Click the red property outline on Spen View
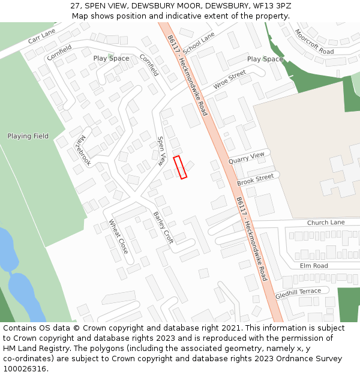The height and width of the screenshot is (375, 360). click(180, 167)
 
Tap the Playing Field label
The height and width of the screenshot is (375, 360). click(28, 136)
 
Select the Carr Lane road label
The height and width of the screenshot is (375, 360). click(41, 36)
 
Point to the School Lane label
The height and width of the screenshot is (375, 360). click(199, 43)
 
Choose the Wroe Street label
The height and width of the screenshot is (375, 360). click(230, 80)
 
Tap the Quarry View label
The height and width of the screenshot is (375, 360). click(246, 158)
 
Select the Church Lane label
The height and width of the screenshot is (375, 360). click(326, 223)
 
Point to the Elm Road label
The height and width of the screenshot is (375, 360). click(314, 266)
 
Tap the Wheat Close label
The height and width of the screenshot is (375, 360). click(118, 236)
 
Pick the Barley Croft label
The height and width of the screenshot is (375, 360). click(163, 227)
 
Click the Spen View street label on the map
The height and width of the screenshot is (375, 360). click(161, 151)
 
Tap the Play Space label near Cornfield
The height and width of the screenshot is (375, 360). click(111, 58)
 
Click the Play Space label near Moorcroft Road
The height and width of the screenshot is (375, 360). click(265, 59)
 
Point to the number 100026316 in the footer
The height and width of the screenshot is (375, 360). click(24, 369)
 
